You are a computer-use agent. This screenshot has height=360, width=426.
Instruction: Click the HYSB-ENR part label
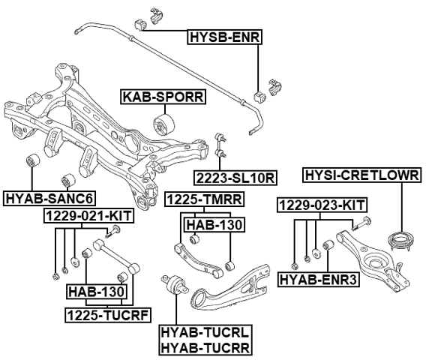tap(224, 35)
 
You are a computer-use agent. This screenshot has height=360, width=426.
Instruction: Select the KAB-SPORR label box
tap(163, 96)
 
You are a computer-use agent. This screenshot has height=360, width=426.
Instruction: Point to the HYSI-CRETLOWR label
tap(361, 175)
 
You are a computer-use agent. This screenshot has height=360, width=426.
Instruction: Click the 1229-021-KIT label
tap(88, 216)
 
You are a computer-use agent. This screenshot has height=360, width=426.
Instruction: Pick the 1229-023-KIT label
tap(322, 204)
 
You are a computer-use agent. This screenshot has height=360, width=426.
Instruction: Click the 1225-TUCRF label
tap(97, 313)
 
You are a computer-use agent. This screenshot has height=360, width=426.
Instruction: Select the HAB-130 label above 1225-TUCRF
tap(97, 291)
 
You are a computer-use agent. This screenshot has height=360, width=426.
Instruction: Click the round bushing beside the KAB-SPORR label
tap(163, 123)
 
